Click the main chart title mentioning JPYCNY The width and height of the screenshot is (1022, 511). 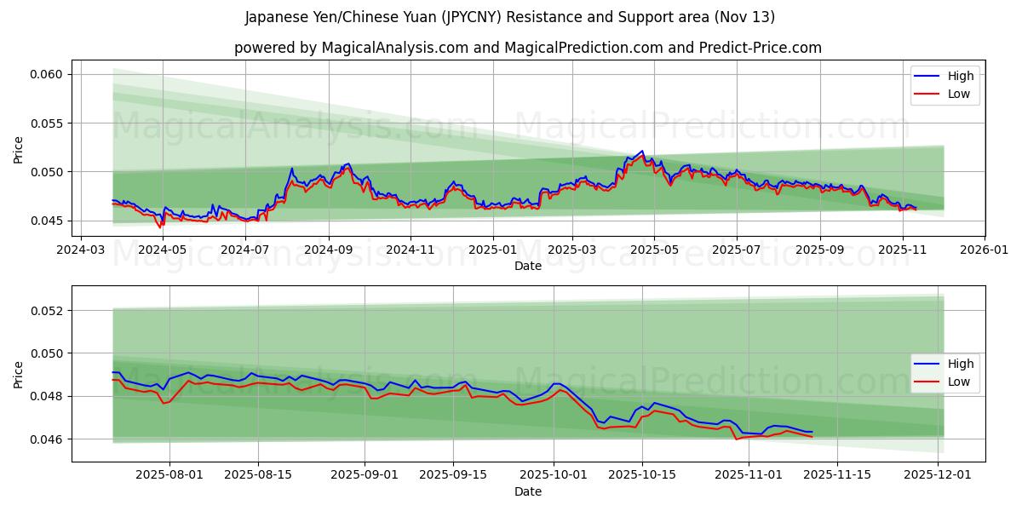[510, 17]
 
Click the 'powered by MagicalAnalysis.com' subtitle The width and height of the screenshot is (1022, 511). [527, 48]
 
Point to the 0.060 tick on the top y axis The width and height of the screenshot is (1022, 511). [47, 74]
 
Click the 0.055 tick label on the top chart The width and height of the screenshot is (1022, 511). [47, 123]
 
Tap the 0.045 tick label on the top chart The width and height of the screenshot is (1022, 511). [47, 221]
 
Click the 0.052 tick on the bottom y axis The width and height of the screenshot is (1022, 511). [47, 310]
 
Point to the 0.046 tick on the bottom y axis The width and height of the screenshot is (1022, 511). [47, 439]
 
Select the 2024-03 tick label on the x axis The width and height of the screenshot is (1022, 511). [81, 250]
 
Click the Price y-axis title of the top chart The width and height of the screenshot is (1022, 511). [19, 148]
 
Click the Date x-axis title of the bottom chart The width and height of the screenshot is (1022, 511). [528, 492]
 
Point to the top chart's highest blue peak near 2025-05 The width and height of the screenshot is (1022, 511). [642, 151]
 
